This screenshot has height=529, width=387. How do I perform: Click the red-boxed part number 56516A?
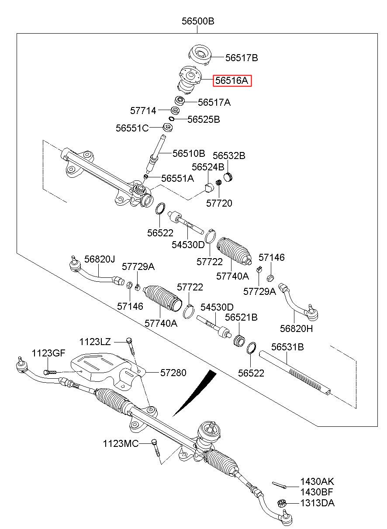232,81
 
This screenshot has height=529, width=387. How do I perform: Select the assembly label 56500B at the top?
198,21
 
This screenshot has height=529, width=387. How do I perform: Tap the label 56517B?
242,58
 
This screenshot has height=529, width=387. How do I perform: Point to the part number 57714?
143,111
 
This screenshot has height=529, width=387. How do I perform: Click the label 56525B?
204,120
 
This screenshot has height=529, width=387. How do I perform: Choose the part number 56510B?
189,153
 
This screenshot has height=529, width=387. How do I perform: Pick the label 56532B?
229,156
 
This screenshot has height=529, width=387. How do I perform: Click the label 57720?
219,203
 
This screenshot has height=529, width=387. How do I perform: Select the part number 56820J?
100,259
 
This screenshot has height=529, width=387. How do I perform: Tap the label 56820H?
296,328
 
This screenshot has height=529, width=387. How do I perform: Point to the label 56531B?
287,347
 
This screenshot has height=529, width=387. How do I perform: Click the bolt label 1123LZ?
95,342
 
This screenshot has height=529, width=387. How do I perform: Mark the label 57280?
173,373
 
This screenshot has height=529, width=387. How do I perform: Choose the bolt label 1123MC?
121,444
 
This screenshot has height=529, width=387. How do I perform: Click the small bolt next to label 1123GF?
50,373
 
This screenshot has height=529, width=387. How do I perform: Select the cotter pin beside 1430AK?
279,485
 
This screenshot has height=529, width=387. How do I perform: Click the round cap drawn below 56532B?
228,177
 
